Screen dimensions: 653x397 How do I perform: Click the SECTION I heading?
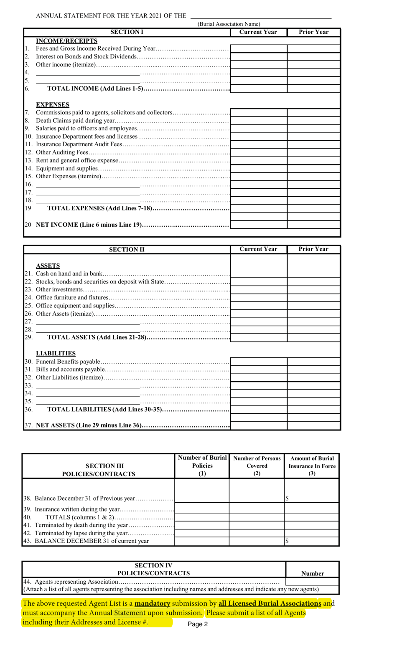pos(127,32)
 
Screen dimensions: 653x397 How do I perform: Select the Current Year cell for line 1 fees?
pos(258,48)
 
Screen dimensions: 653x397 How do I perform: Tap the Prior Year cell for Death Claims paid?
pos(313,121)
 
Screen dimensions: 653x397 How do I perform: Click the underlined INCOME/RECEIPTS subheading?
pos(66,40)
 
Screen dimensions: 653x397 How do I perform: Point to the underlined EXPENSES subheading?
pos(53,104)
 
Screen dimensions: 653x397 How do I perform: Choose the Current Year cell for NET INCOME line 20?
pos(258,225)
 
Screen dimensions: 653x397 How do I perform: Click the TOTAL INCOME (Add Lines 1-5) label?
pos(95,89)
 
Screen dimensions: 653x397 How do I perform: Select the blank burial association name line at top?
pos(260,16)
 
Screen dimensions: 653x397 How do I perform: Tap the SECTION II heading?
pos(127,250)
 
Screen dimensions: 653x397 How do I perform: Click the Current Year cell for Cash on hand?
pos(258,273)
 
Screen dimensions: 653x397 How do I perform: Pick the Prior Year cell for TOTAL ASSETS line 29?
pos(313,337)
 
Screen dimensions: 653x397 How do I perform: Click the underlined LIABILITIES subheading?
pos(56,353)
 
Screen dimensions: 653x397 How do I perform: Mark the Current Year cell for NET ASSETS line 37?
pos(258,425)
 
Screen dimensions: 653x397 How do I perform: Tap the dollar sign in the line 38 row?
pos(287,498)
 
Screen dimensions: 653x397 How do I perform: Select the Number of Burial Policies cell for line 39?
pos(202,509)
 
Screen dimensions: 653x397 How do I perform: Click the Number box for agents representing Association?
pos(312,582)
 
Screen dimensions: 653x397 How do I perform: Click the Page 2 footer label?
pos(198,624)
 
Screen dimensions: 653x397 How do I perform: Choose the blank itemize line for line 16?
pos(87,185)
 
